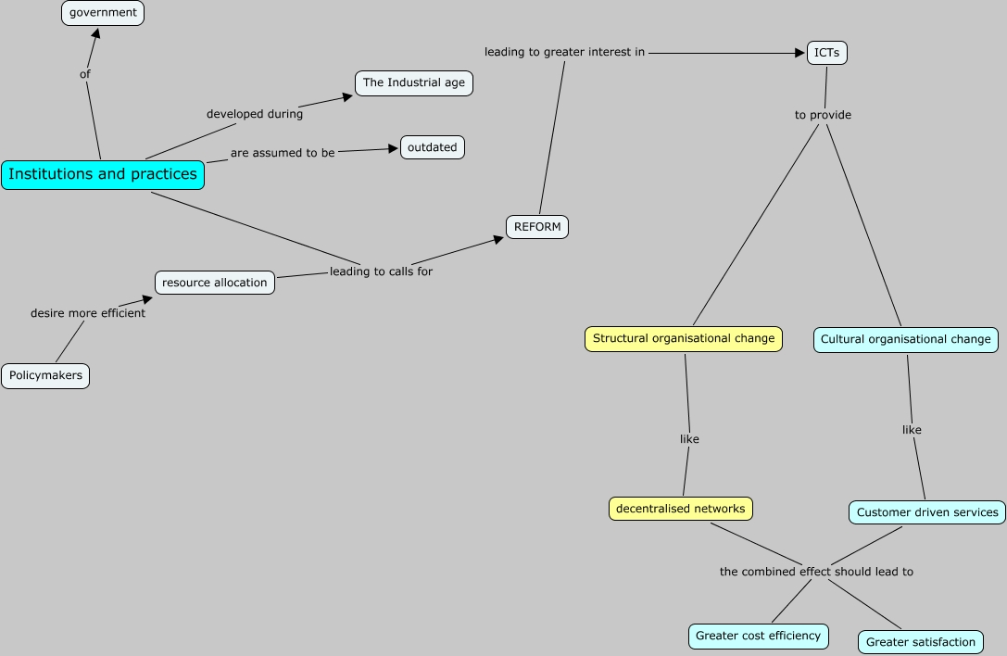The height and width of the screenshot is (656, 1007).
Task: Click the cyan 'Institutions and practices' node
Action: click(103, 174)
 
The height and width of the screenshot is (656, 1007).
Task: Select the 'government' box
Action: click(103, 13)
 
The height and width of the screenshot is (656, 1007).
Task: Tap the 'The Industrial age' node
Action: click(414, 82)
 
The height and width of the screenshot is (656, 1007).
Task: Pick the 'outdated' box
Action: click(432, 147)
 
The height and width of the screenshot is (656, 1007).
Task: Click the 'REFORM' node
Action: click(537, 227)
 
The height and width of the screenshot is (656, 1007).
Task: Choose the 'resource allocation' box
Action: click(215, 283)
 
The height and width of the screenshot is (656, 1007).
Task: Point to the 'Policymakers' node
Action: click(45, 376)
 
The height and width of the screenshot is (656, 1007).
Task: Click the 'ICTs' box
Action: click(826, 53)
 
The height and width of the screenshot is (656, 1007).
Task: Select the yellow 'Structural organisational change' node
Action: click(684, 339)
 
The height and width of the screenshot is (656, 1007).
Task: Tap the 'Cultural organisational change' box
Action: click(906, 340)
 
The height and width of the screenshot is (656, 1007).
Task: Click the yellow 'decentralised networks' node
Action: click(681, 509)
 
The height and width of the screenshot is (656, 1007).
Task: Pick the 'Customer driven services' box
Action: click(927, 512)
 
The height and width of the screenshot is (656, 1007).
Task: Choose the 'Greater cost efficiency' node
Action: click(758, 636)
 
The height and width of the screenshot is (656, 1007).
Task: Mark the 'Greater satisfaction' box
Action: click(921, 641)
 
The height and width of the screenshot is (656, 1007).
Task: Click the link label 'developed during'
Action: click(255, 114)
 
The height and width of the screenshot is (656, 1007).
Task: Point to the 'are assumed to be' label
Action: click(283, 153)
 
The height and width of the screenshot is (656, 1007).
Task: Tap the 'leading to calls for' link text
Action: click(381, 271)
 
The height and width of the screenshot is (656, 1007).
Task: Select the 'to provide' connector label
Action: click(823, 115)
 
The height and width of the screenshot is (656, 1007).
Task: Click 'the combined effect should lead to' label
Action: click(816, 572)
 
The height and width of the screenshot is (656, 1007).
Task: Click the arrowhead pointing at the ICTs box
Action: click(800, 53)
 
